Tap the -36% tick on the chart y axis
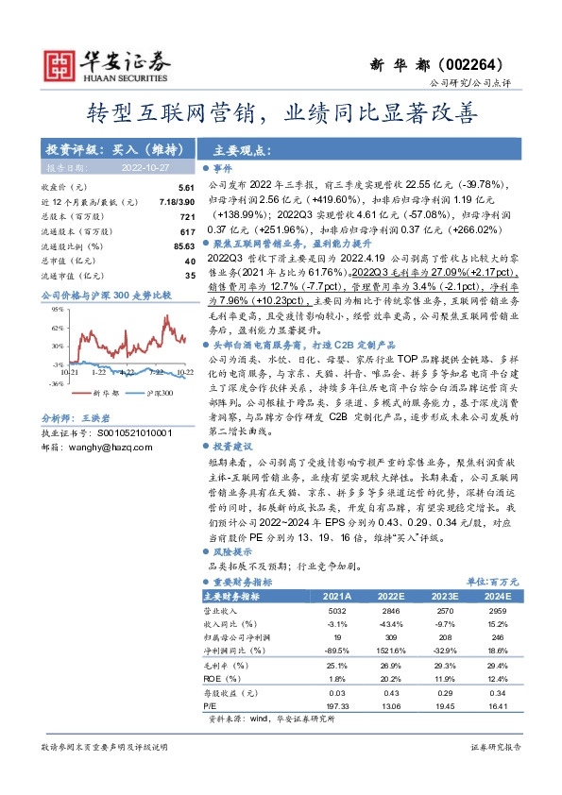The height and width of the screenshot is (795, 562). (58, 384)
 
